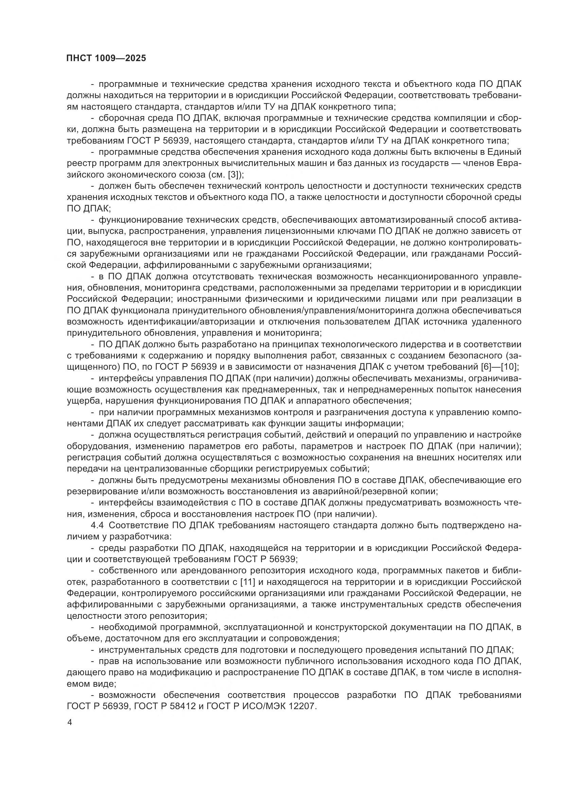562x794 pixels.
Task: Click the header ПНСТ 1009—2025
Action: (x=106, y=58)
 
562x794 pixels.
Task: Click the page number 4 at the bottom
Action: (x=70, y=722)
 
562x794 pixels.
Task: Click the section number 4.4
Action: (x=97, y=525)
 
